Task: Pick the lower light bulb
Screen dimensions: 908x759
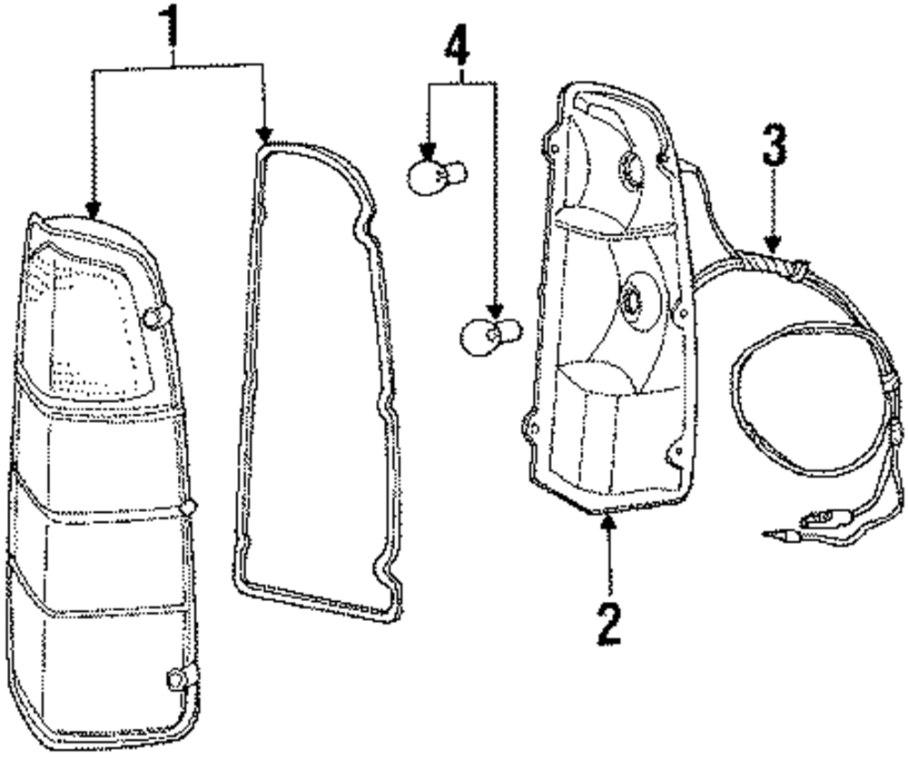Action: tap(489, 333)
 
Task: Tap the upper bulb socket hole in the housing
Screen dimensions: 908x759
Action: tap(628, 165)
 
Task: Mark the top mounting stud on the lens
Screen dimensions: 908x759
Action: tap(156, 316)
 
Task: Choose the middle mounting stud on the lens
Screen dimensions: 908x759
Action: tap(189, 507)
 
